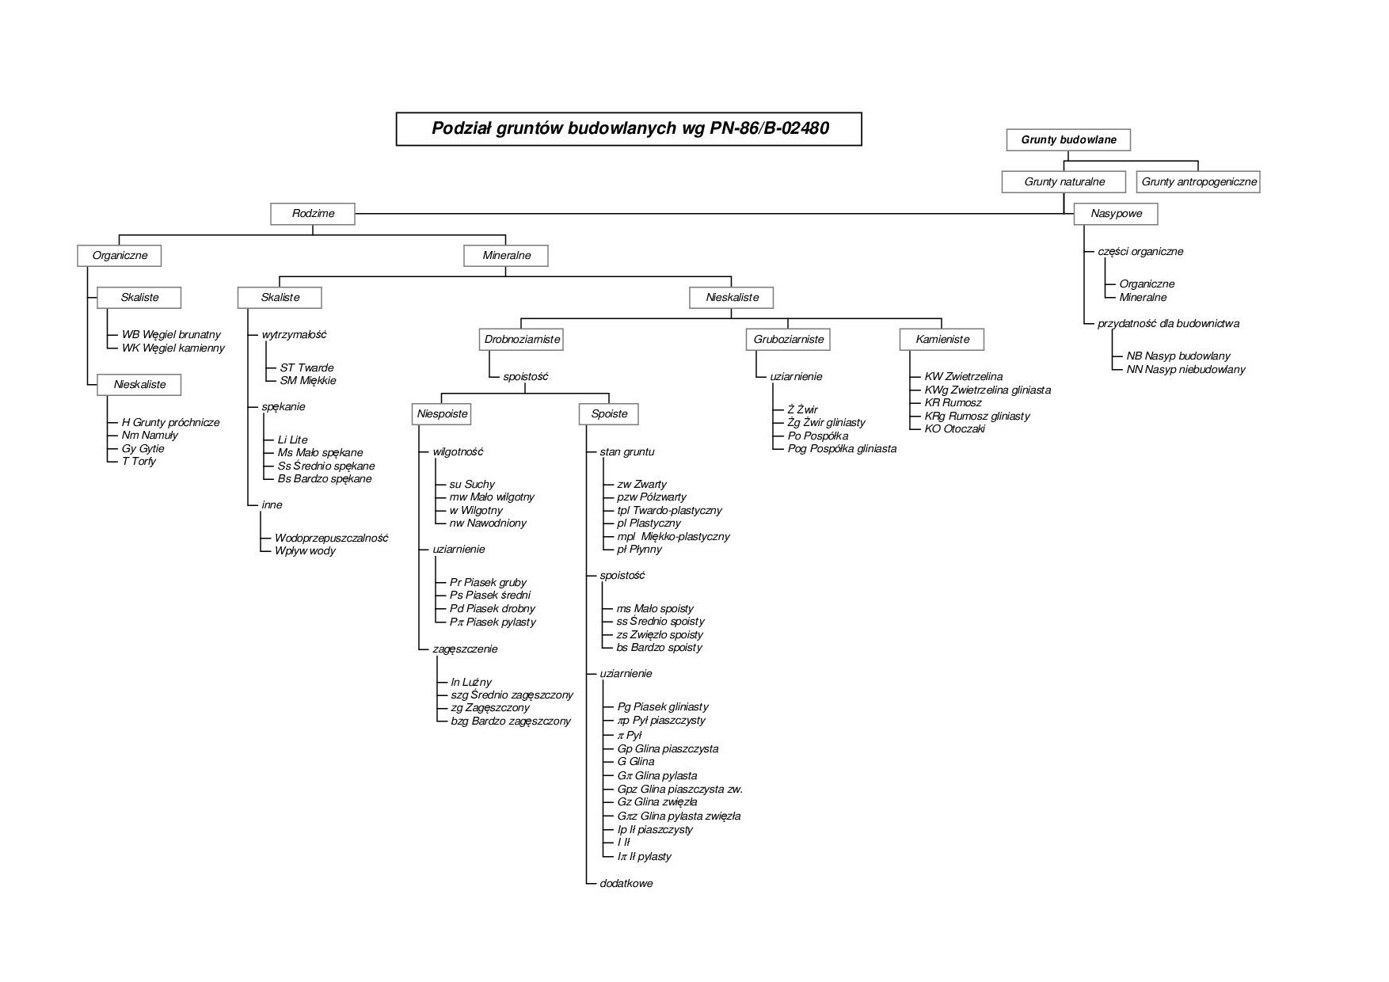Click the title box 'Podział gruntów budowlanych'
[629, 129]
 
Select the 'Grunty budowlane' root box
[1068, 140]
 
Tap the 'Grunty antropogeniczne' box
[1198, 182]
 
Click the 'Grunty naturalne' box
[1064, 182]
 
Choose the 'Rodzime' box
[313, 214]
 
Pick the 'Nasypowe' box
[1116, 214]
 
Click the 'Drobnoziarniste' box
[522, 340]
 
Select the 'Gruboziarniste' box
[789, 340]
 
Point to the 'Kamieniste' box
[942, 340]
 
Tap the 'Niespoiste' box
[443, 414]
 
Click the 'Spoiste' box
[609, 414]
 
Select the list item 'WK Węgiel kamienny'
[173, 348]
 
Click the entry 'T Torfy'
[139, 462]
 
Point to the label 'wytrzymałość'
[294, 335]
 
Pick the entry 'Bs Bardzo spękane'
[325, 479]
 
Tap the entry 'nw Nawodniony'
[488, 523]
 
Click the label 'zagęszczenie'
[465, 649]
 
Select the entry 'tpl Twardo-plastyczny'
[669, 511]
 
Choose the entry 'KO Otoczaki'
[955, 429]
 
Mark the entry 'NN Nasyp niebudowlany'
[1185, 370]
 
